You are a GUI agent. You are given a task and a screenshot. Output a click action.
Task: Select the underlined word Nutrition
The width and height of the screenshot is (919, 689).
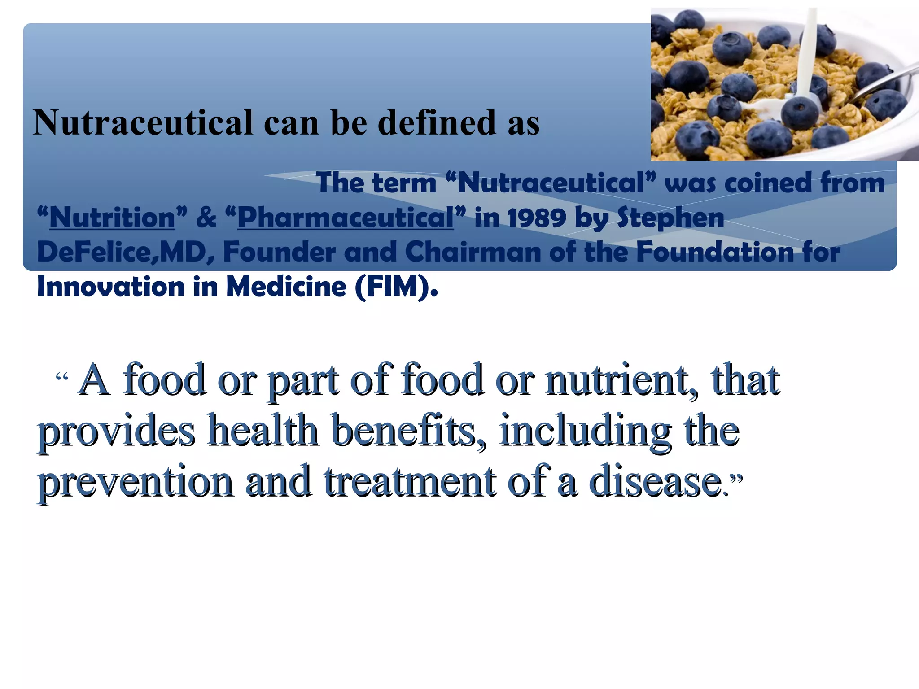click(112, 218)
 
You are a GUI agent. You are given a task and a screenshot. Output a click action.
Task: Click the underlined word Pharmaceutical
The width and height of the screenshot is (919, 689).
click(346, 218)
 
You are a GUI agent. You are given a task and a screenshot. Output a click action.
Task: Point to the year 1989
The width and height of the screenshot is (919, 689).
click(537, 218)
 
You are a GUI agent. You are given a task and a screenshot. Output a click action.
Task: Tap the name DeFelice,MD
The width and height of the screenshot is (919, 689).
click(121, 252)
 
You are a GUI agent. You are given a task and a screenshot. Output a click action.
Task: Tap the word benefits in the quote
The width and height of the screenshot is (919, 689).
click(408, 431)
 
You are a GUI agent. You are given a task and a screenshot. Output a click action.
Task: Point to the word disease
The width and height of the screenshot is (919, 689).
click(655, 482)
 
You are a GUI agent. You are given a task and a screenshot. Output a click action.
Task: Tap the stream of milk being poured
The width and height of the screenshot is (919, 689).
click(809, 49)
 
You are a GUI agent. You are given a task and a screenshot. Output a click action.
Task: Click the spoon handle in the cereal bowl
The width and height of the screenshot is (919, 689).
click(886, 81)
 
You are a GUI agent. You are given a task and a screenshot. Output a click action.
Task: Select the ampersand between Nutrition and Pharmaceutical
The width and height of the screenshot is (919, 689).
click(206, 218)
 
